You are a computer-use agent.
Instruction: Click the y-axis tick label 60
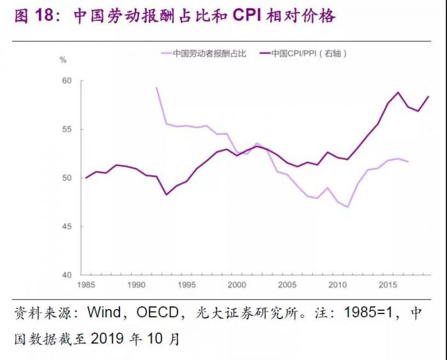(66, 80)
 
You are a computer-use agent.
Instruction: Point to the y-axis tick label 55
(66, 129)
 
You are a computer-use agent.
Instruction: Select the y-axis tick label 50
(66, 178)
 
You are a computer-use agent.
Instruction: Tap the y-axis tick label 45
(66, 227)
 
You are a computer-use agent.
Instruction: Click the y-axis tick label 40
(66, 275)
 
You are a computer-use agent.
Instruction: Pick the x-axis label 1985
(86, 285)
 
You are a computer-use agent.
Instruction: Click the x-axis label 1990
(136, 285)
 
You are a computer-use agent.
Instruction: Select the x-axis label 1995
(186, 285)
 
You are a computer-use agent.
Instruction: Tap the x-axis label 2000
(237, 285)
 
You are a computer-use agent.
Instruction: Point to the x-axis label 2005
(287, 285)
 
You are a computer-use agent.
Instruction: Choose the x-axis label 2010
(338, 285)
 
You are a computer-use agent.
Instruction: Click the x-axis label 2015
(388, 285)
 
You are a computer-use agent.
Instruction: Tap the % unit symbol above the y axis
(63, 60)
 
